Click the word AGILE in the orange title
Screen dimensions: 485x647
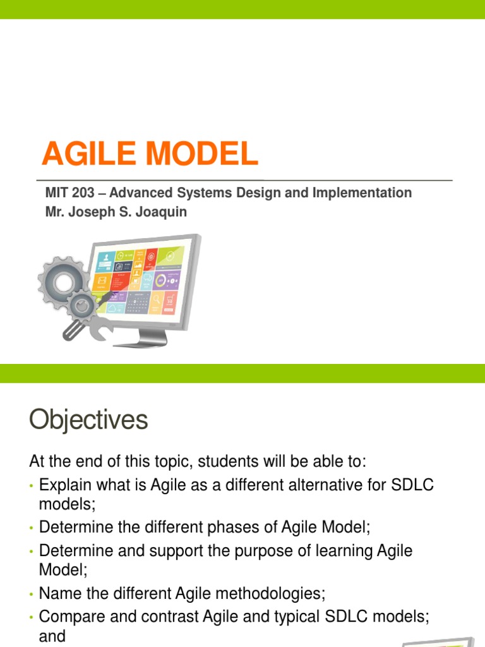pos(88,153)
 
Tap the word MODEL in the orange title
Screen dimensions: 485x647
pos(202,153)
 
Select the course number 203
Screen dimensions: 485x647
pos(83,193)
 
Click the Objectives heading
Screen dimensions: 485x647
pos(88,420)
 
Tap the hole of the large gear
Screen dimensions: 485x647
pos(63,282)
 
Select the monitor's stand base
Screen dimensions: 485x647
pos(140,342)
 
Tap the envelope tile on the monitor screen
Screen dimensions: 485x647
pos(102,281)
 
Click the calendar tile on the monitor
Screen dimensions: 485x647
pos(138,303)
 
